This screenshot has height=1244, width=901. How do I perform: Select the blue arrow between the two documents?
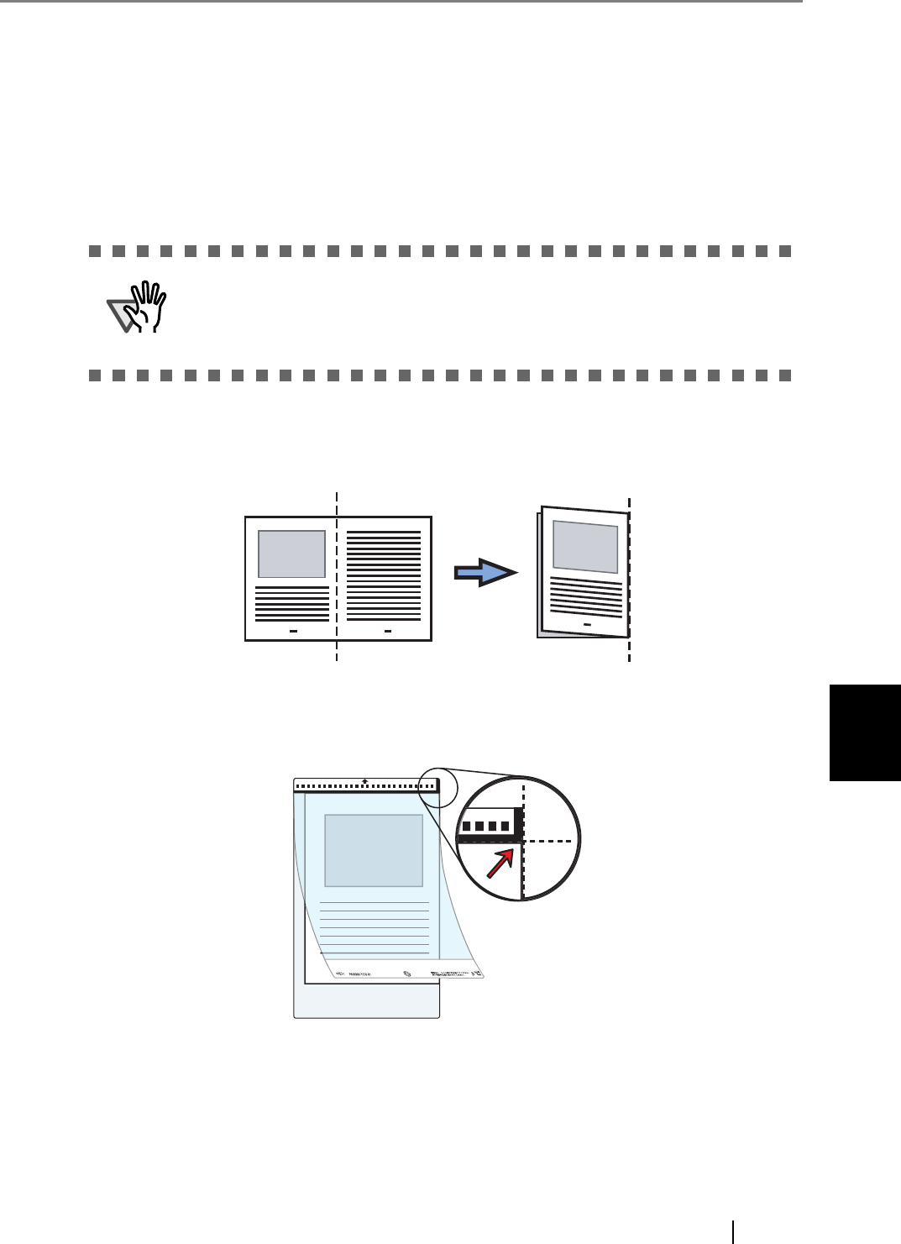click(x=485, y=572)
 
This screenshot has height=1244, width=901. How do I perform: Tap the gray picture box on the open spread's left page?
click(x=291, y=554)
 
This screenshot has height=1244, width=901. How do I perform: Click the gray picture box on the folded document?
click(x=585, y=546)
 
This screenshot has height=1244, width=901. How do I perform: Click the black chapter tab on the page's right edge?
click(x=865, y=732)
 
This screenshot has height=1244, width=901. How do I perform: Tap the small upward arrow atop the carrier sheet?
click(x=364, y=781)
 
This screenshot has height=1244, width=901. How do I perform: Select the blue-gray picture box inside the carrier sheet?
click(x=374, y=850)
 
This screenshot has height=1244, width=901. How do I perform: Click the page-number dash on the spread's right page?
click(x=388, y=629)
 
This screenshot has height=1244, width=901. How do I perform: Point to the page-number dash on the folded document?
click(x=586, y=626)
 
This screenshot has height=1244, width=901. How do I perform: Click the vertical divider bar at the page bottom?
click(x=733, y=1231)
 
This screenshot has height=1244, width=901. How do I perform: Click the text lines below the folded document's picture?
click(x=586, y=597)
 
